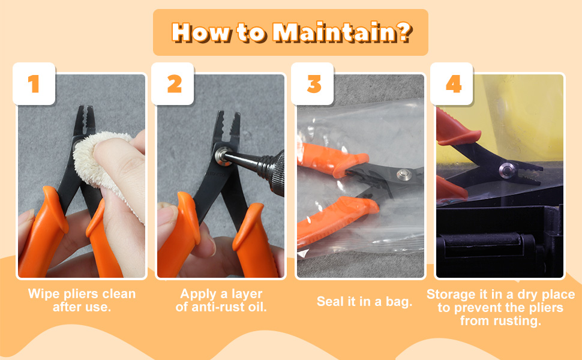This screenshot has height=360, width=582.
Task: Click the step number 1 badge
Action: pyautogui.click(x=34, y=84)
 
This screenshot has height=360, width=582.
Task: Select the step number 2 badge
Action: pyautogui.click(x=174, y=84)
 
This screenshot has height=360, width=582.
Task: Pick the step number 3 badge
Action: pyautogui.click(x=314, y=84)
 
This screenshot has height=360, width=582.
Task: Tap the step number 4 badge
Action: pyautogui.click(x=454, y=84)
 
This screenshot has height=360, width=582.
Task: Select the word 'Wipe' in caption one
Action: pyautogui.click(x=43, y=294)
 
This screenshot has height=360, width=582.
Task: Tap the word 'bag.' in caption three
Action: pyautogui.click(x=399, y=302)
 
